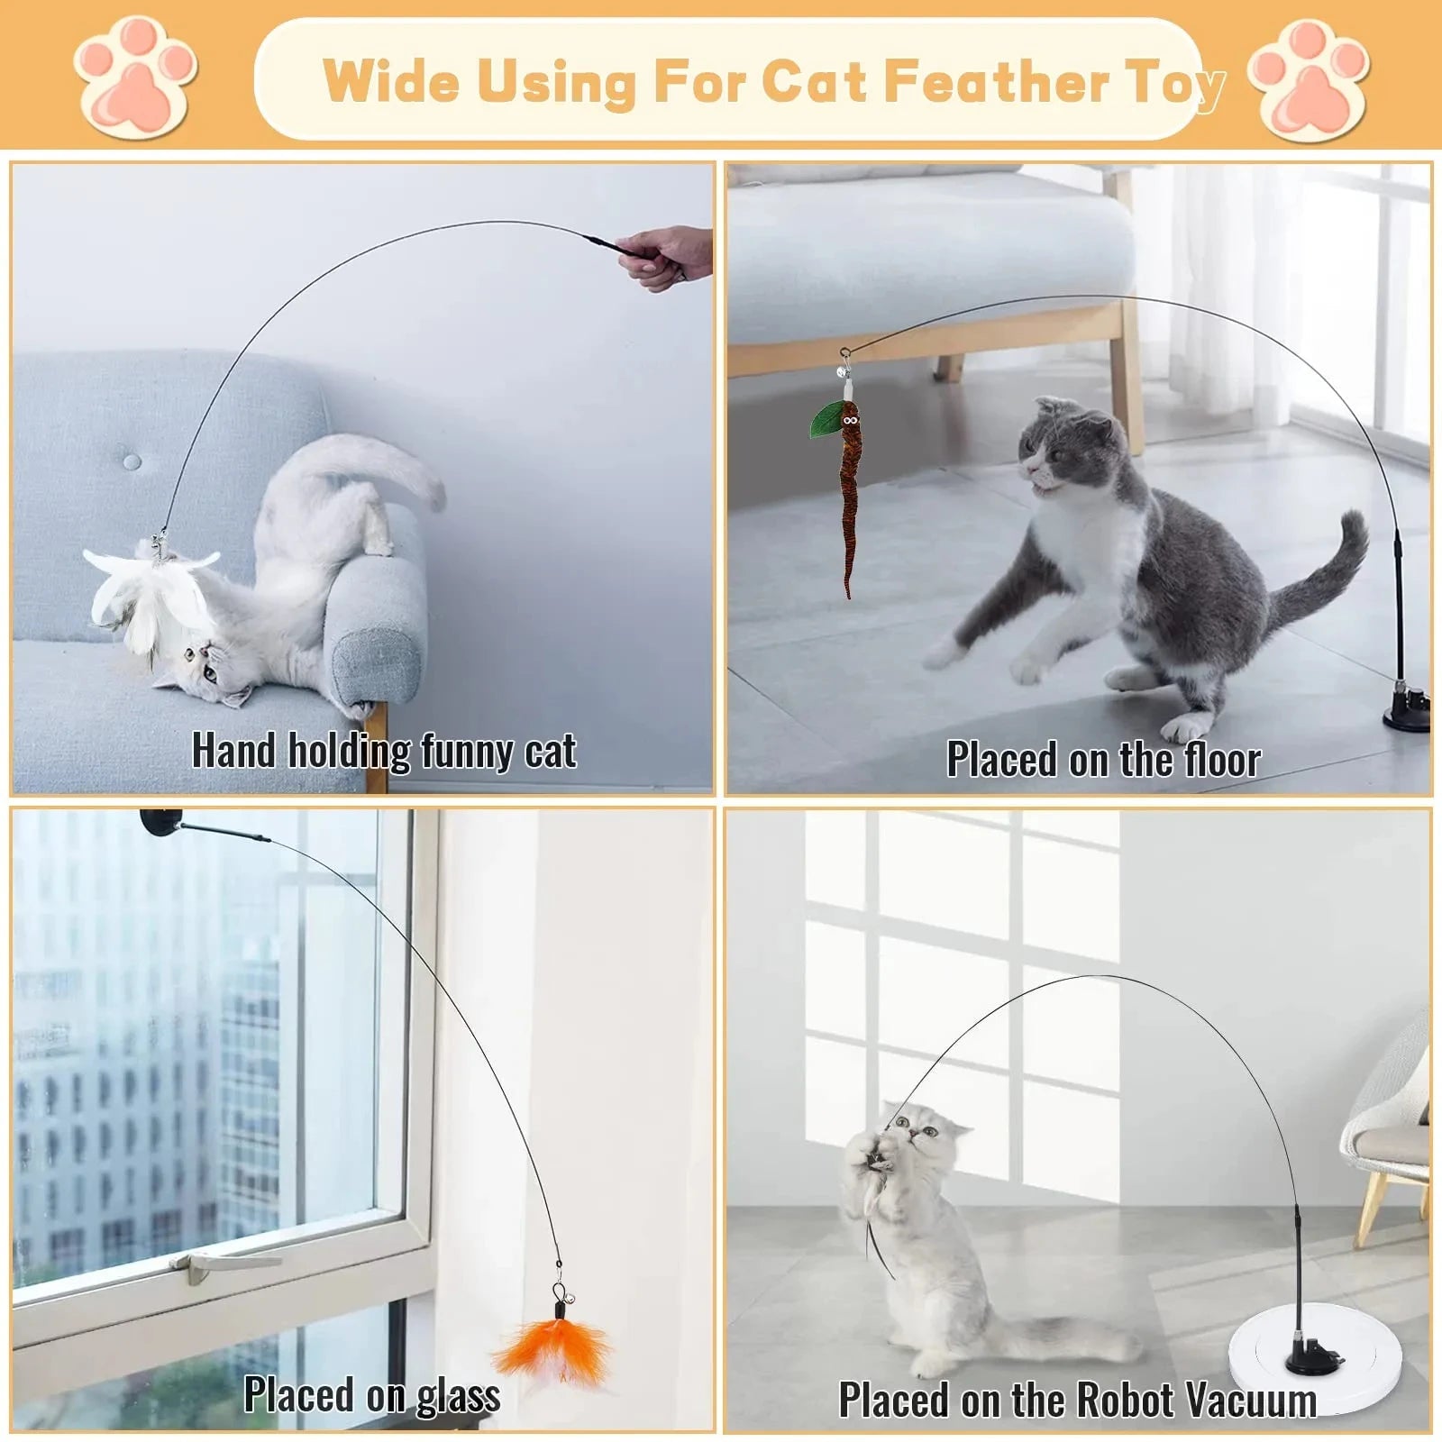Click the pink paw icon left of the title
(x=135, y=79)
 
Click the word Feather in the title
(x=996, y=81)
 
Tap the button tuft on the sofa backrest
(x=132, y=462)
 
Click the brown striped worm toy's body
(x=849, y=505)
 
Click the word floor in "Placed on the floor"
(x=1221, y=760)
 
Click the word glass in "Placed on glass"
(x=458, y=1396)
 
